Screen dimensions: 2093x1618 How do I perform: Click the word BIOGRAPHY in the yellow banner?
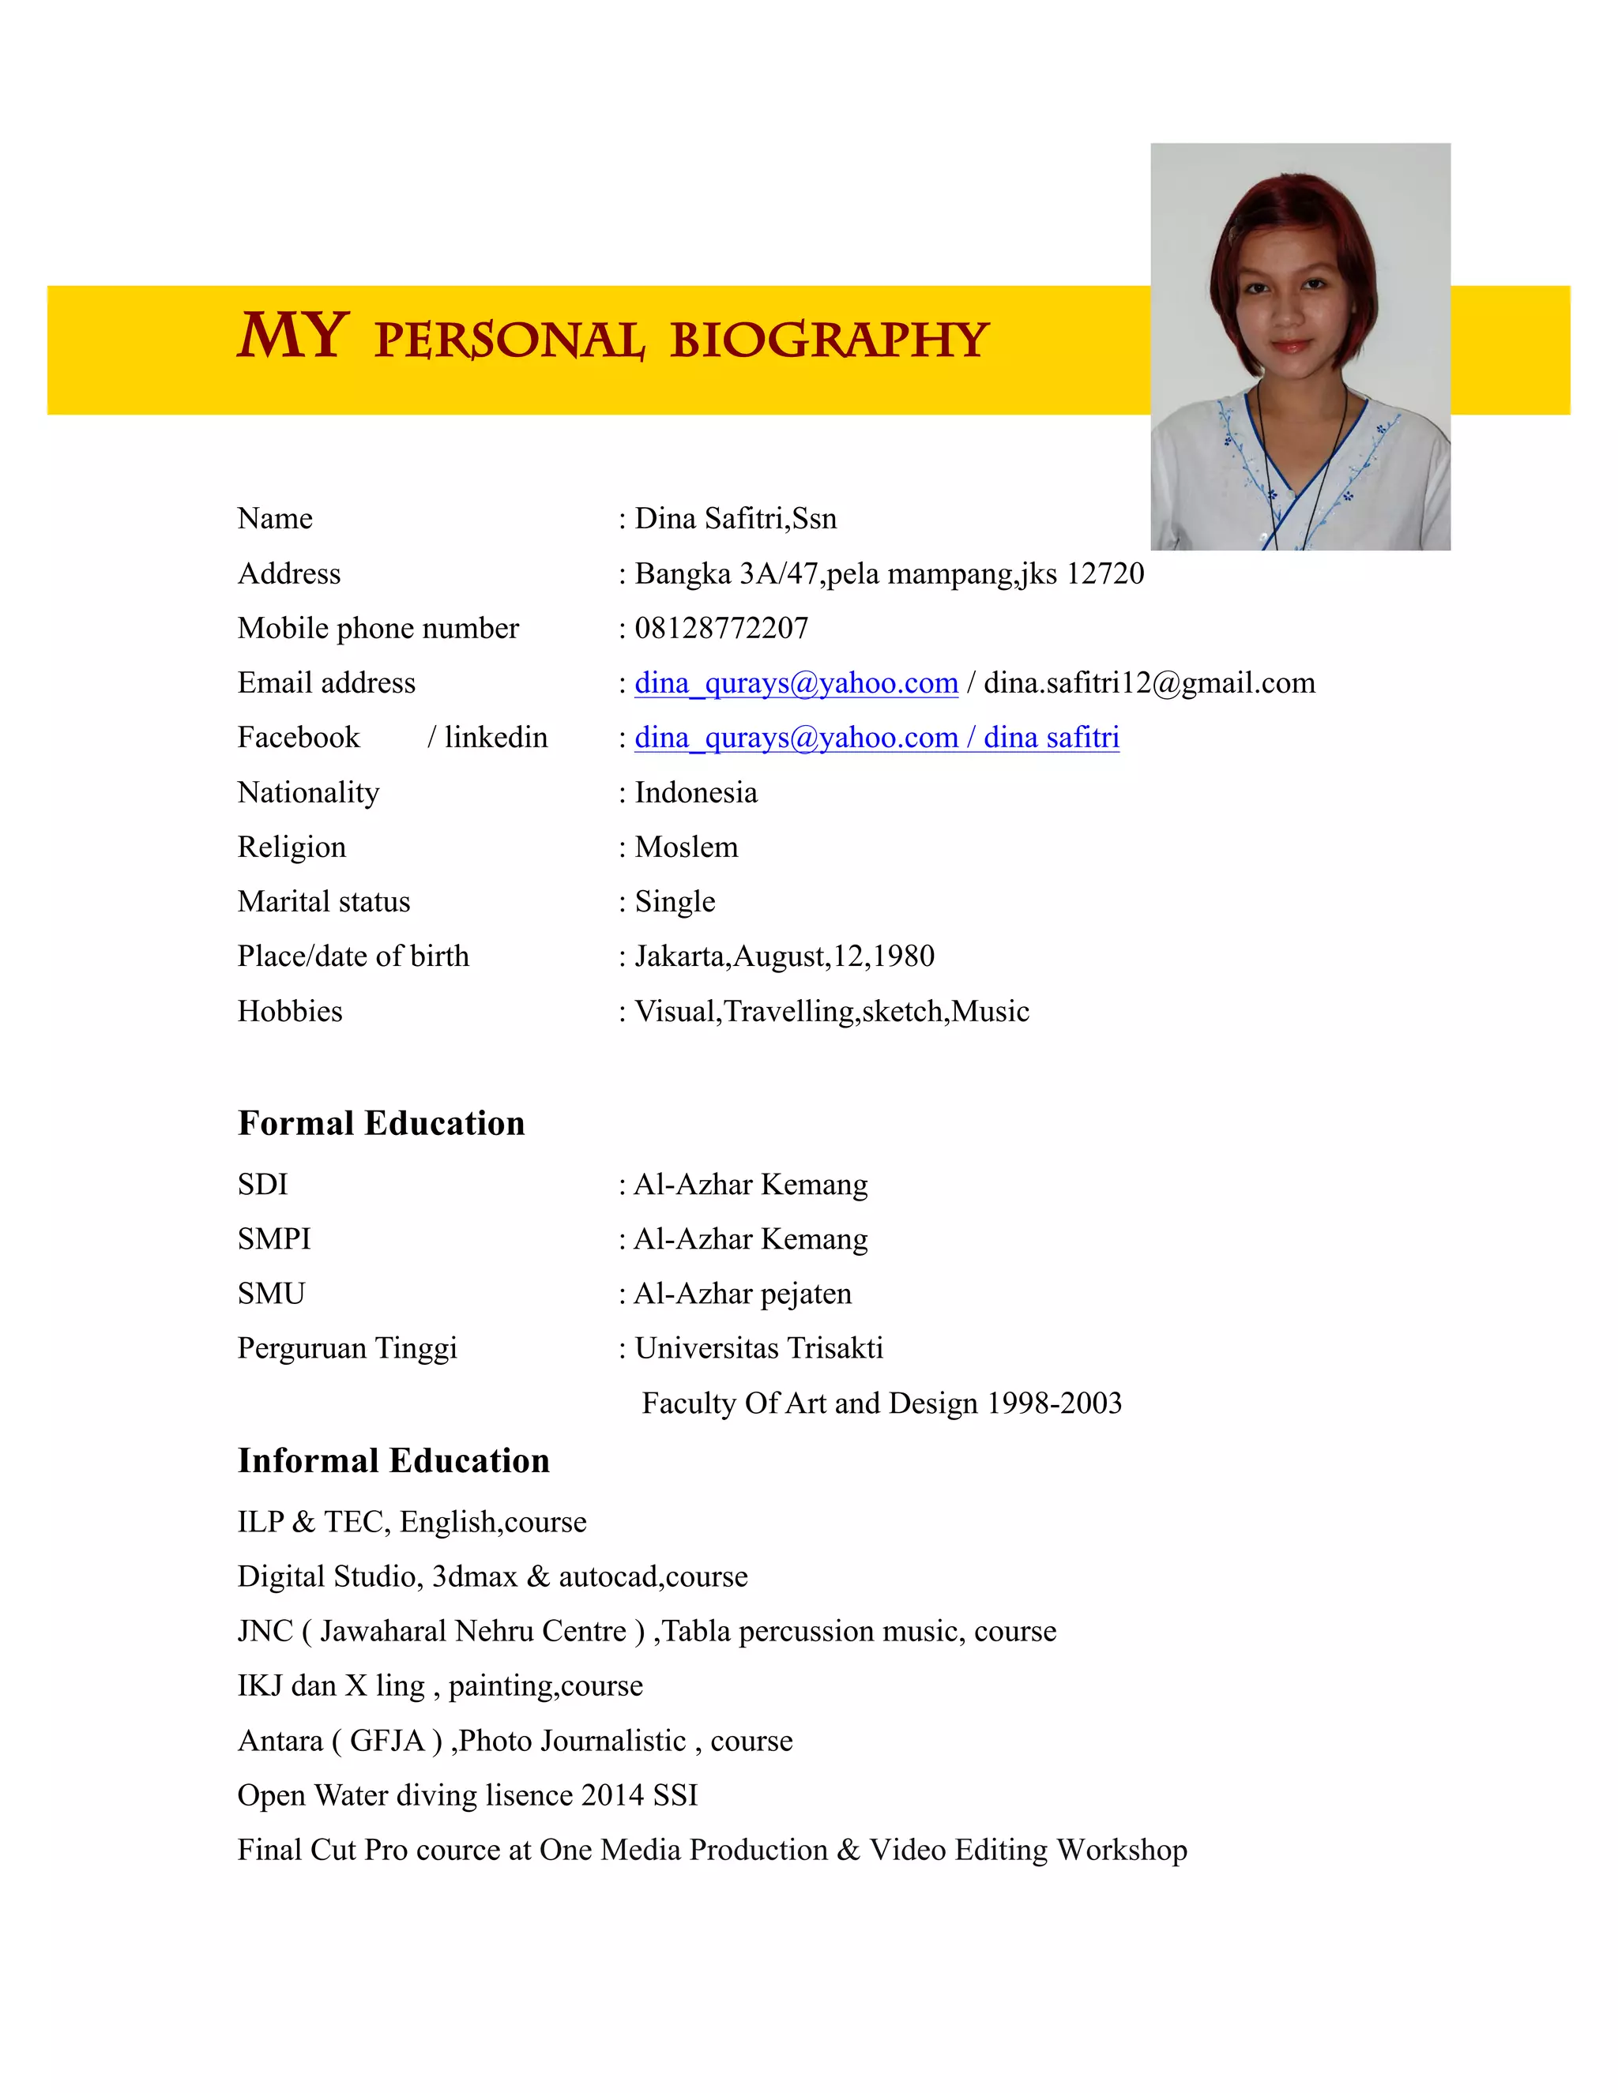tap(829, 340)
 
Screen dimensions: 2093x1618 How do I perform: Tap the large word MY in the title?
tap(292, 336)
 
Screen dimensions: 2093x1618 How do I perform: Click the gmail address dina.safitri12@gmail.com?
tap(1150, 683)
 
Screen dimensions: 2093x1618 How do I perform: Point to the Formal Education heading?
tap(381, 1123)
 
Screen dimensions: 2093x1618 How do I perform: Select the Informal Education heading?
tap(393, 1461)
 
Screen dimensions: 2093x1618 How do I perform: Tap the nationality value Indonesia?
tap(696, 792)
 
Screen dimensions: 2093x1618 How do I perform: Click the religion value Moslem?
tap(687, 847)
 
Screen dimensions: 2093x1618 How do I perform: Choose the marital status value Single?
tap(675, 902)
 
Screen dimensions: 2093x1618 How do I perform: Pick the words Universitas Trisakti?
tap(758, 1348)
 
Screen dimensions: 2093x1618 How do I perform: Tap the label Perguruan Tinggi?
tap(347, 1348)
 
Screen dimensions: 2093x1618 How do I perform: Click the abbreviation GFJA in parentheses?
tap(386, 1740)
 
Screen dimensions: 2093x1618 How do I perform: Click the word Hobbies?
tap(289, 1012)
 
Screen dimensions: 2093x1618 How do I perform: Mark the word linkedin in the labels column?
tap(495, 738)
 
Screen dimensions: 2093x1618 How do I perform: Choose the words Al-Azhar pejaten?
tap(743, 1294)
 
